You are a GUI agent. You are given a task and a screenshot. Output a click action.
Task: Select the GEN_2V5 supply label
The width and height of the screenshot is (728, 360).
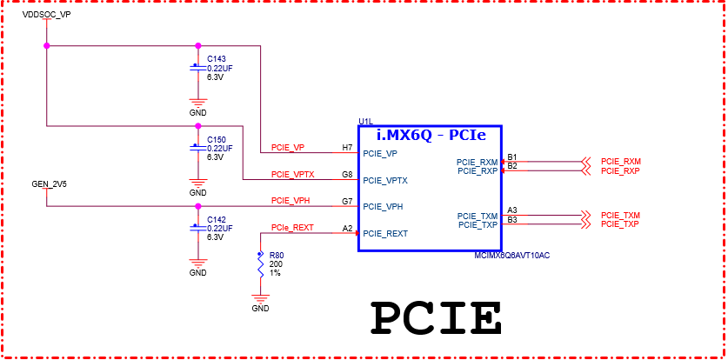(50, 184)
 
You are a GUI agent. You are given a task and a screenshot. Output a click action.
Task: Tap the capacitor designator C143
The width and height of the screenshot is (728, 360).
(217, 58)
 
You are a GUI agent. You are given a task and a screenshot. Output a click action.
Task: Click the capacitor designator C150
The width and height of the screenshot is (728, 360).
(217, 139)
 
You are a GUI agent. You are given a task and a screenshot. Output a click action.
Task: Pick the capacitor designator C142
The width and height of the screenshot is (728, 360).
(217, 219)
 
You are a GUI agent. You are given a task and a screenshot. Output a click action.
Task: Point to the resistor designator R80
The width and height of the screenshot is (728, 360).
(277, 257)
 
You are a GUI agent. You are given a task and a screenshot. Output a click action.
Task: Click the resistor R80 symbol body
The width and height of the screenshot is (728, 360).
(260, 264)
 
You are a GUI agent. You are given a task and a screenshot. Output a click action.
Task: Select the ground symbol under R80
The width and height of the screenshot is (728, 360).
(260, 299)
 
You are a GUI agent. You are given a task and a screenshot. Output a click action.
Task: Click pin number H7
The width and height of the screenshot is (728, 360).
(347, 147)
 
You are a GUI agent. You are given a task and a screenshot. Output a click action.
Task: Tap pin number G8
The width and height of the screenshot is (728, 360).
(347, 174)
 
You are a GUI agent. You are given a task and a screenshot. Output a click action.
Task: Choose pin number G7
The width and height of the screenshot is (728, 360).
(347, 201)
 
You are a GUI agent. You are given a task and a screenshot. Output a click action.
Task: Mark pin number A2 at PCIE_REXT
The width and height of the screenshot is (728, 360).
(347, 228)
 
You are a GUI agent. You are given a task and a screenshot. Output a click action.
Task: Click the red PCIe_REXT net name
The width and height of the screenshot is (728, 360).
(291, 228)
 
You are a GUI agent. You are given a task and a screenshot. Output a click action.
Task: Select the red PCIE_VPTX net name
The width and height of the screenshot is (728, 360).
(292, 174)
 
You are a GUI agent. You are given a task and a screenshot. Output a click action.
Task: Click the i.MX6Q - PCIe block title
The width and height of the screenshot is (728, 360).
(430, 136)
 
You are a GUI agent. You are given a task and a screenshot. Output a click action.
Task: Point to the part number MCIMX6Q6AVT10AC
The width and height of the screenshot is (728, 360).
(513, 256)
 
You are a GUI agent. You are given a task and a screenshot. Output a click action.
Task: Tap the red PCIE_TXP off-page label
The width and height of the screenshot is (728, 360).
(620, 224)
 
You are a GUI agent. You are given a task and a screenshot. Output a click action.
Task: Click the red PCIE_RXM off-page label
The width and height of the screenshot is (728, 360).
(620, 162)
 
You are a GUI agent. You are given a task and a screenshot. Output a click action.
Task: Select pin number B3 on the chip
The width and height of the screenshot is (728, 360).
(512, 219)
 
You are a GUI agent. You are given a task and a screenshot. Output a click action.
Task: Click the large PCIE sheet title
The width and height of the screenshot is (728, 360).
(437, 318)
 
